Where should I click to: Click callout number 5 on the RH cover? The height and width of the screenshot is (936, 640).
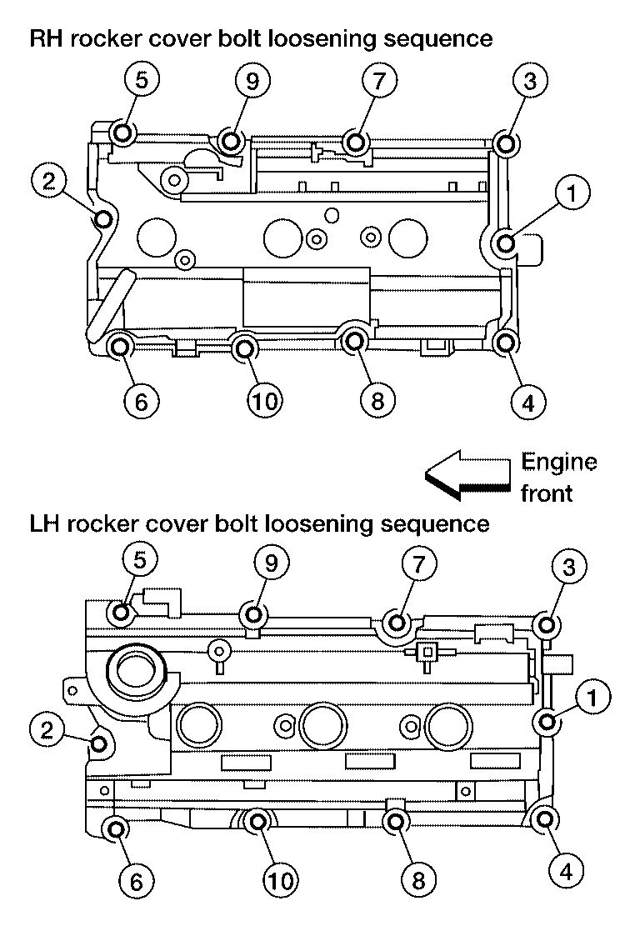coord(142,81)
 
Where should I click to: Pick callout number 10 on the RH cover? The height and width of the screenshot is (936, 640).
coord(264,401)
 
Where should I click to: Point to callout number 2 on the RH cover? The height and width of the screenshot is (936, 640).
coord(48,179)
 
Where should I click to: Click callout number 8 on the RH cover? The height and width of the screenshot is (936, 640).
coord(377,401)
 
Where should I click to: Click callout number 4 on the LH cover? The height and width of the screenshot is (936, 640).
coord(567,873)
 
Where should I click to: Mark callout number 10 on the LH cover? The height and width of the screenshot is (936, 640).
coord(282,879)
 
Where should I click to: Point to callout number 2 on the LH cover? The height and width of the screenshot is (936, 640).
coord(47,730)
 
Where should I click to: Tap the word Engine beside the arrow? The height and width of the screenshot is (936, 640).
coord(558,463)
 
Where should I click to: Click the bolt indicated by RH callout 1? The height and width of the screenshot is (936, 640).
coord(506,243)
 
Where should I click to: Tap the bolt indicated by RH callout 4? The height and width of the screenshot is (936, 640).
coord(505,343)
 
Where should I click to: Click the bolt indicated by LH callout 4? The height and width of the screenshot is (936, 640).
coord(545,819)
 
